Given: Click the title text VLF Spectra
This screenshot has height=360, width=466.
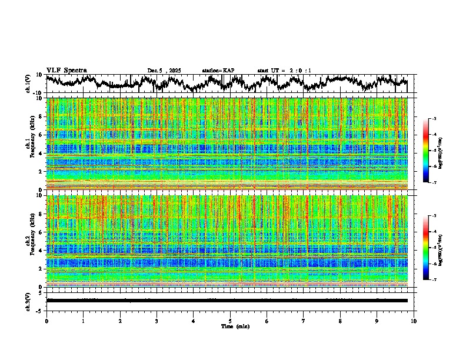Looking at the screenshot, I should point(66,70).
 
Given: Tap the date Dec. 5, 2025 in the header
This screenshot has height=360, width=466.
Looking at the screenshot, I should point(164,71).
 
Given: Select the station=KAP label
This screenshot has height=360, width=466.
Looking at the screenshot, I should point(218,71).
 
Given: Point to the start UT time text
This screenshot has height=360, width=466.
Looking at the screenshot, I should point(284,71).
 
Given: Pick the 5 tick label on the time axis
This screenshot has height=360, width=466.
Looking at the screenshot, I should point(230,321).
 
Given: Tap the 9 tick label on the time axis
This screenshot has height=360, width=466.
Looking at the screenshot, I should point(377,321).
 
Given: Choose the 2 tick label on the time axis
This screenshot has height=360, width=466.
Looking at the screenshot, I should point(120,321).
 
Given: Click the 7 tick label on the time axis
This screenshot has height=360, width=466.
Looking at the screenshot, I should point(304,321).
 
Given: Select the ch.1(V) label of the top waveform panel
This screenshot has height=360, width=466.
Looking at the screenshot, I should point(28,84).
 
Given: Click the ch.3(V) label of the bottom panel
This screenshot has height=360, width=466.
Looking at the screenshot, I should point(28,300).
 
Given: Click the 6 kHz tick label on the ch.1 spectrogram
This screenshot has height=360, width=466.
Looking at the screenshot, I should point(41,135).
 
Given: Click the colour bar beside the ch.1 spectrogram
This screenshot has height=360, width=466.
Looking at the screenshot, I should point(426,151).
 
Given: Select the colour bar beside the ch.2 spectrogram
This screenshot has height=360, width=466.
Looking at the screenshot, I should point(426,248).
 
